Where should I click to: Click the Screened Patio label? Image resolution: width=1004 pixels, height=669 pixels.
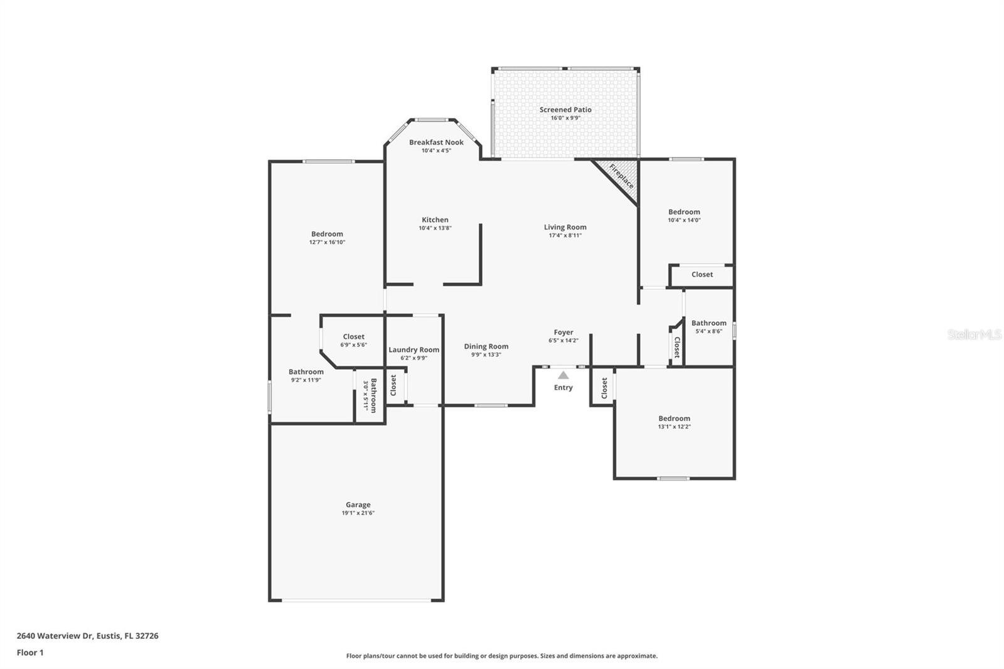coord(565,110)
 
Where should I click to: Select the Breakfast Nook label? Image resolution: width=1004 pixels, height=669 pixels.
coord(436,142)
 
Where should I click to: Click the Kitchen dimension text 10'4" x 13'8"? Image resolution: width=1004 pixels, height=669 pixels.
coord(435,228)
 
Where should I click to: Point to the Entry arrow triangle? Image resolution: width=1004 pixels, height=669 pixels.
coord(563,375)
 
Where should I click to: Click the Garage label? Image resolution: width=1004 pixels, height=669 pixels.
coord(358,505)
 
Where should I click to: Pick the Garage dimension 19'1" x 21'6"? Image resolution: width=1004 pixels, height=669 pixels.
coord(358,513)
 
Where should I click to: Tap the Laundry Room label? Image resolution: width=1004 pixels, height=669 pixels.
coord(414,350)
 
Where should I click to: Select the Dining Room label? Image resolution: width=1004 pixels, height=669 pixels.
coord(486,346)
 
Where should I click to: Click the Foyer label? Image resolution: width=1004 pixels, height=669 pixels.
coord(563,333)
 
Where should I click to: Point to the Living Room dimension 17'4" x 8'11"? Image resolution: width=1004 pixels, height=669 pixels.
coord(565,236)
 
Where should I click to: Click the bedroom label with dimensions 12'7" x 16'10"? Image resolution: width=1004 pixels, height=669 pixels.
coord(327,234)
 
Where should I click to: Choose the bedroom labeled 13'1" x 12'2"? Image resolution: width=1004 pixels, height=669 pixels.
coord(674,419)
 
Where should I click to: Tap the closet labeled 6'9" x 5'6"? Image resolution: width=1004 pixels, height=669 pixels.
coord(354,337)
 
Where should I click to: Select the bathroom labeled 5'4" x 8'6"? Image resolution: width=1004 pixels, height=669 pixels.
coord(709,323)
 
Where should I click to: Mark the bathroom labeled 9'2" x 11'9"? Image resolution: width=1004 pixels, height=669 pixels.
coord(306,372)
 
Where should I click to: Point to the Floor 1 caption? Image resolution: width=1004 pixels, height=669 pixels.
coord(30,653)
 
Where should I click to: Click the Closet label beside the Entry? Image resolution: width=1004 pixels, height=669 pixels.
coord(604,388)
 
